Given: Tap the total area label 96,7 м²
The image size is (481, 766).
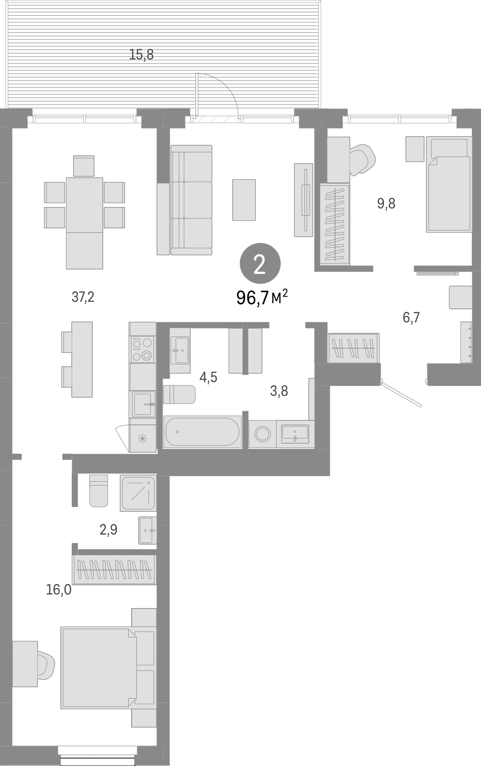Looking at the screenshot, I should [262, 298].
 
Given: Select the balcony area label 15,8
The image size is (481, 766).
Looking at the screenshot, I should [142, 55].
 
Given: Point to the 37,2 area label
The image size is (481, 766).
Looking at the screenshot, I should [83, 297].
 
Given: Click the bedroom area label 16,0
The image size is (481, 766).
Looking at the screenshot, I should [59, 590].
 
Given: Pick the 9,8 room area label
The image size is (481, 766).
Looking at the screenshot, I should [386, 203].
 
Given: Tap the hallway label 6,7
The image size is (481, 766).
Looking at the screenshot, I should [411, 318].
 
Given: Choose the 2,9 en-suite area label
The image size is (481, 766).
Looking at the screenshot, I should [108, 530].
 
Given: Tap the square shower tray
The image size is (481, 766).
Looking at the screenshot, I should [139, 493].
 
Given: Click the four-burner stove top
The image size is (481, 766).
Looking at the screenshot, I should [143, 349].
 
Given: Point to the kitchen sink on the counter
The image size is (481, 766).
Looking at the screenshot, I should [143, 404].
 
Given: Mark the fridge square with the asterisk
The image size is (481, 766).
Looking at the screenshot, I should [143, 439].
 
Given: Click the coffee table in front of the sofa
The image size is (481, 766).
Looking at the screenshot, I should [244, 199].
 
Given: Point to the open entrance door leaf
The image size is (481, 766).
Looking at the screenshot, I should [402, 394].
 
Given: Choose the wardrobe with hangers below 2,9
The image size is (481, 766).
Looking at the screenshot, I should [114, 570].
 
